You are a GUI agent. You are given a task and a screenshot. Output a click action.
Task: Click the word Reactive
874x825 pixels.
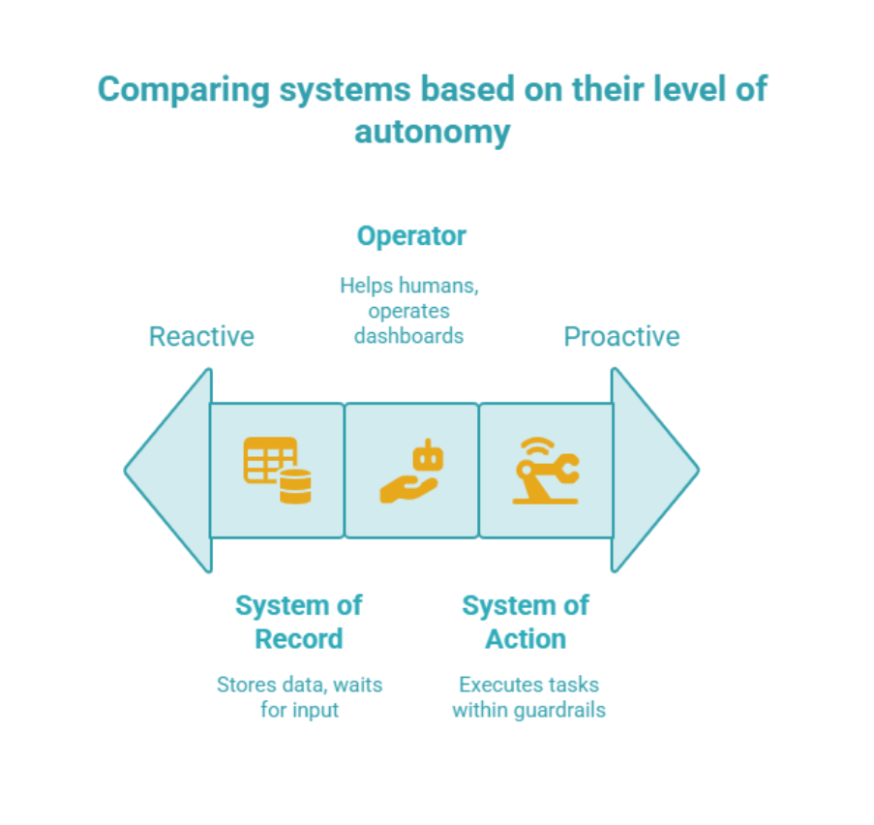[x=201, y=337]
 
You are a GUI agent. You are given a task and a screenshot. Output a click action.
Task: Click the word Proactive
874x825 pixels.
[x=621, y=337]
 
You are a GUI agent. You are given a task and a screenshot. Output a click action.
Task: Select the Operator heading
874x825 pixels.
[x=411, y=236]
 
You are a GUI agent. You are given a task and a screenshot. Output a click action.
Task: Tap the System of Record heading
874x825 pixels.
[x=298, y=622]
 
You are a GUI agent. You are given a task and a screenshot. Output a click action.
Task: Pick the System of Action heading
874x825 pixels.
[x=526, y=622]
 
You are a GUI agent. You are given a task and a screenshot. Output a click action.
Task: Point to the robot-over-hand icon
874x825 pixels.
[x=411, y=472]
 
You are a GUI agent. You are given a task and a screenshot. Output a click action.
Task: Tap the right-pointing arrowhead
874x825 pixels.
[x=655, y=471]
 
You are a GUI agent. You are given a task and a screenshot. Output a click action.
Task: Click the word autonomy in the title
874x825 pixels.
[x=432, y=131]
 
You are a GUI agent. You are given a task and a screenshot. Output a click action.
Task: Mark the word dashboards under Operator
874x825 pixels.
[x=408, y=336]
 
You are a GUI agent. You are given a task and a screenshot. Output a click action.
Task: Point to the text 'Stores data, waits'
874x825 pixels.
[x=299, y=685]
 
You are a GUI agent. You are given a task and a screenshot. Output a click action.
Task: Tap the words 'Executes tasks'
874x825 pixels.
[x=528, y=685]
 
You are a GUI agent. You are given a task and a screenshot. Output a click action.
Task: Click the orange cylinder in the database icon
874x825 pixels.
[x=295, y=487]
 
